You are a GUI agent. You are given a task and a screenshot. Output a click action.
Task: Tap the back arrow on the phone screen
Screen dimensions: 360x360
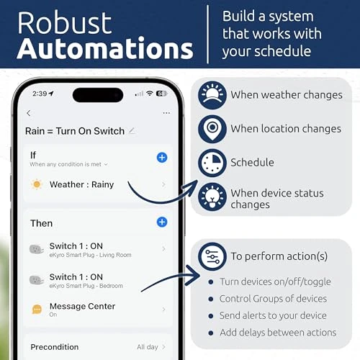coord(29,113)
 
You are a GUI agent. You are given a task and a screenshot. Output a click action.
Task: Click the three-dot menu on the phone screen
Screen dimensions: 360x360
coord(166,113)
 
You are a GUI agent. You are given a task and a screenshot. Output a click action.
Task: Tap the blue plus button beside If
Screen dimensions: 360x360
coord(162,158)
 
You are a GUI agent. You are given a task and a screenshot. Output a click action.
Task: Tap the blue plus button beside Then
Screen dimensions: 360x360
coord(162,222)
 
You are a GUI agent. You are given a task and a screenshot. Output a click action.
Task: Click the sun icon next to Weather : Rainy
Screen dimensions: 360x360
coord(37,184)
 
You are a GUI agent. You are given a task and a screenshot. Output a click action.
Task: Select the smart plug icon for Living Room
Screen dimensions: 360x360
coord(36,249)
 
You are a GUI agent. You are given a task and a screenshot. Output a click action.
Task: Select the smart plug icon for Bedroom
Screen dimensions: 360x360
coord(36,280)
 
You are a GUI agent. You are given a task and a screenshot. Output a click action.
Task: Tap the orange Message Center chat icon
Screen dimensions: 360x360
coord(37,310)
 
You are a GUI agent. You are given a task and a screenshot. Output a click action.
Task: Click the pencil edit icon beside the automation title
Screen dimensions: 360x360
coord(132,131)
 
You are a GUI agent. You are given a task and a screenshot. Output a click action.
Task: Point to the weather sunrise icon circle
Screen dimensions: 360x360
coord(212,95)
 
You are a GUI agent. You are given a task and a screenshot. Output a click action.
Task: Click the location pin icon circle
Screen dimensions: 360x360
coord(212,129)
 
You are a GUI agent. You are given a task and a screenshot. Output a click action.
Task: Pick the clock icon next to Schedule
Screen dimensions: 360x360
coord(212,163)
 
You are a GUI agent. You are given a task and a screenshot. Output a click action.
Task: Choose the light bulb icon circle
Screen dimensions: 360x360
coord(212,197)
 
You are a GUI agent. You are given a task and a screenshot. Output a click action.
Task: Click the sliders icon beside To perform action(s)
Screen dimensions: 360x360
coord(212,256)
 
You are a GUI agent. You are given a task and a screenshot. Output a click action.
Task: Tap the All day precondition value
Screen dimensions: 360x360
coord(148,347)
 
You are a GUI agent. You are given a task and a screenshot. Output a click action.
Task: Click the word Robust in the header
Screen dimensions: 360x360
coord(64,23)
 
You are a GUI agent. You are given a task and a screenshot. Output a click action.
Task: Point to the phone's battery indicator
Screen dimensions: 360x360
coord(161,94)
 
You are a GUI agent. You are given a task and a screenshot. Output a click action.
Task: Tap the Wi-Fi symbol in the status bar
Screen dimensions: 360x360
coord(150,93)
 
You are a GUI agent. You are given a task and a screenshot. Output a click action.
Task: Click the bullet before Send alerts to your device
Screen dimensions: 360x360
coord(211,316)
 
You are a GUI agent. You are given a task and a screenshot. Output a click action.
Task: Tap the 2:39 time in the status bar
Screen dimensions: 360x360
coord(40,94)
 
